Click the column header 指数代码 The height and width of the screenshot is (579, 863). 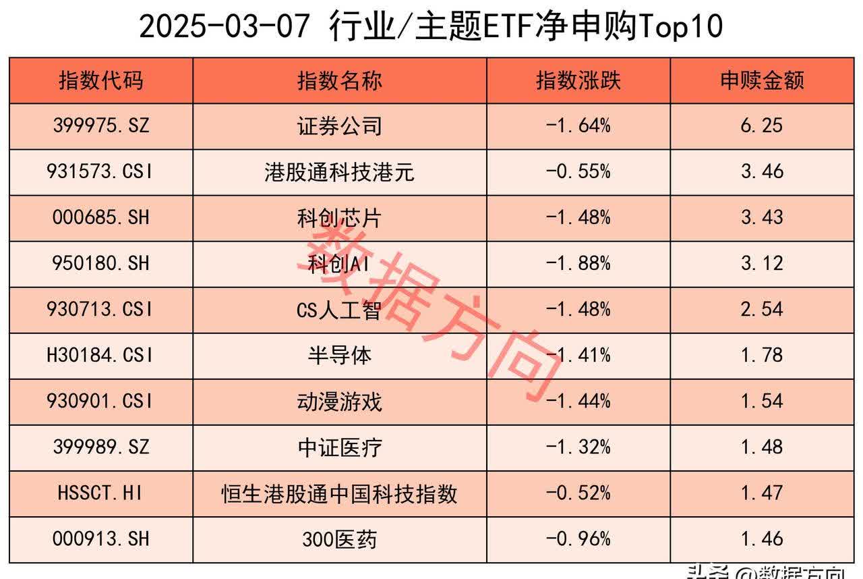pyautogui.click(x=101, y=81)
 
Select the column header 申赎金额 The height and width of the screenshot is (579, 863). pyautogui.click(x=762, y=81)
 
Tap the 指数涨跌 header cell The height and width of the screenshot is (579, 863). pyautogui.click(x=578, y=81)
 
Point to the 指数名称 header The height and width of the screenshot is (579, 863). pyautogui.click(x=340, y=81)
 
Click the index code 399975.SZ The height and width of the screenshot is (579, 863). pyautogui.click(x=101, y=126)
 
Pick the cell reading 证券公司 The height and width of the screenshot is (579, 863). pyautogui.click(x=340, y=126)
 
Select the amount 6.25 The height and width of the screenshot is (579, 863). pyautogui.click(x=762, y=126)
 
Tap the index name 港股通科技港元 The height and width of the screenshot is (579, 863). pyautogui.click(x=340, y=172)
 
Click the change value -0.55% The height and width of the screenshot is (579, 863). pyautogui.click(x=578, y=172)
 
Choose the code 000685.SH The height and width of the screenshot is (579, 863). pyautogui.click(x=101, y=217)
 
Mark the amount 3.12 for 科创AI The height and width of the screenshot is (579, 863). pyautogui.click(x=762, y=263)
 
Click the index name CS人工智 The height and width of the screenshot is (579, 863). pyautogui.click(x=340, y=309)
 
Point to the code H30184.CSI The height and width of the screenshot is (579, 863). pyautogui.click(x=101, y=355)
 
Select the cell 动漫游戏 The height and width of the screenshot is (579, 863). pyautogui.click(x=340, y=402)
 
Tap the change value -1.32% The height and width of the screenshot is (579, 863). pyautogui.click(x=578, y=447)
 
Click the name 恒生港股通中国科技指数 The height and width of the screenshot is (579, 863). pyautogui.click(x=340, y=493)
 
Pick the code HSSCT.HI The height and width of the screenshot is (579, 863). pyautogui.click(x=101, y=493)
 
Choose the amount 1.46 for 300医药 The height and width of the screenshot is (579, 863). pyautogui.click(x=762, y=539)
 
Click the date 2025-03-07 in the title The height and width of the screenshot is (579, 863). pyautogui.click(x=226, y=27)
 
